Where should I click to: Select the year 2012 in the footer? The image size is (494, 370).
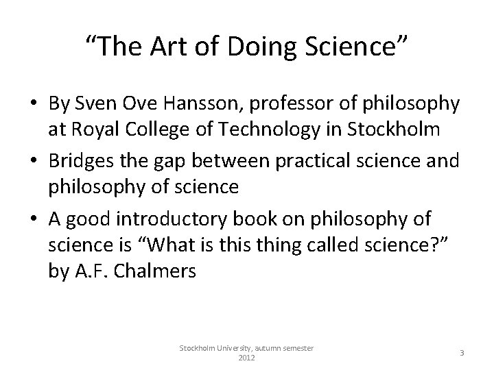tap(246, 358)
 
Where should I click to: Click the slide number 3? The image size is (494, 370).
tap(462, 352)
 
